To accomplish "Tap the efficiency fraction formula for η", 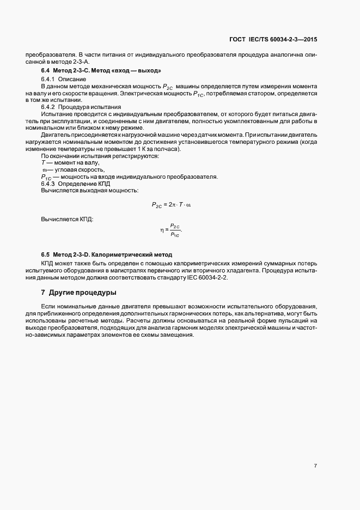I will point(171,230).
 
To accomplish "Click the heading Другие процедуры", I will point(79,293).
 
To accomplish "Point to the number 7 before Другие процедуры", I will point(43,293).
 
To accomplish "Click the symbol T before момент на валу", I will point(43,163).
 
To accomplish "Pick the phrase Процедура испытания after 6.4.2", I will point(86,107).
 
